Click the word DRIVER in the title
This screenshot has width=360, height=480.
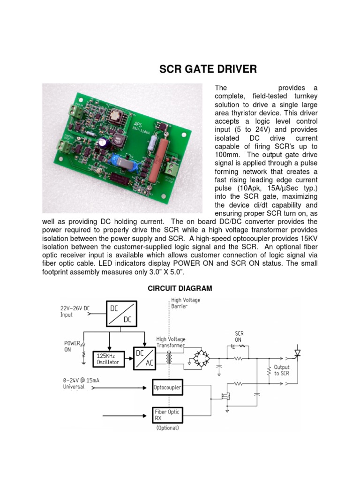pos(233,69)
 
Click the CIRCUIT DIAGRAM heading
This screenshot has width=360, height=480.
pos(180,288)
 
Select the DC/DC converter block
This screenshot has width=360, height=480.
pos(121,314)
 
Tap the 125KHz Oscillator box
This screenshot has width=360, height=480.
pos(109,359)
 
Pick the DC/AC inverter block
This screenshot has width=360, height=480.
pos(145,358)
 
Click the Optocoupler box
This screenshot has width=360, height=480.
pos(168,388)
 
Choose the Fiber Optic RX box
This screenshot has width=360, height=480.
pos(167,414)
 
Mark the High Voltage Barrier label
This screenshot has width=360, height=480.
pos(186,303)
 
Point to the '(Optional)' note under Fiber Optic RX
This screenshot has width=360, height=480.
pos(167,427)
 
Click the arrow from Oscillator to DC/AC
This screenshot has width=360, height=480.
pos(130,359)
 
